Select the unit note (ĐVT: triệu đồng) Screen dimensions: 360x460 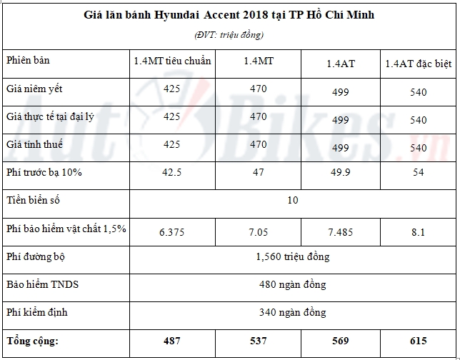pos(229,35)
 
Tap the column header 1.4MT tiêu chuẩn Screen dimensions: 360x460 pos(172,61)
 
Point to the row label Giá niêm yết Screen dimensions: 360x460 pos(33,89)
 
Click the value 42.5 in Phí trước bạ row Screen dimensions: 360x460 pos(172,172)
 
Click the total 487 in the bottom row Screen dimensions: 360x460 pos(172,341)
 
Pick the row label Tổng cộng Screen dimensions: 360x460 pos(33,340)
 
